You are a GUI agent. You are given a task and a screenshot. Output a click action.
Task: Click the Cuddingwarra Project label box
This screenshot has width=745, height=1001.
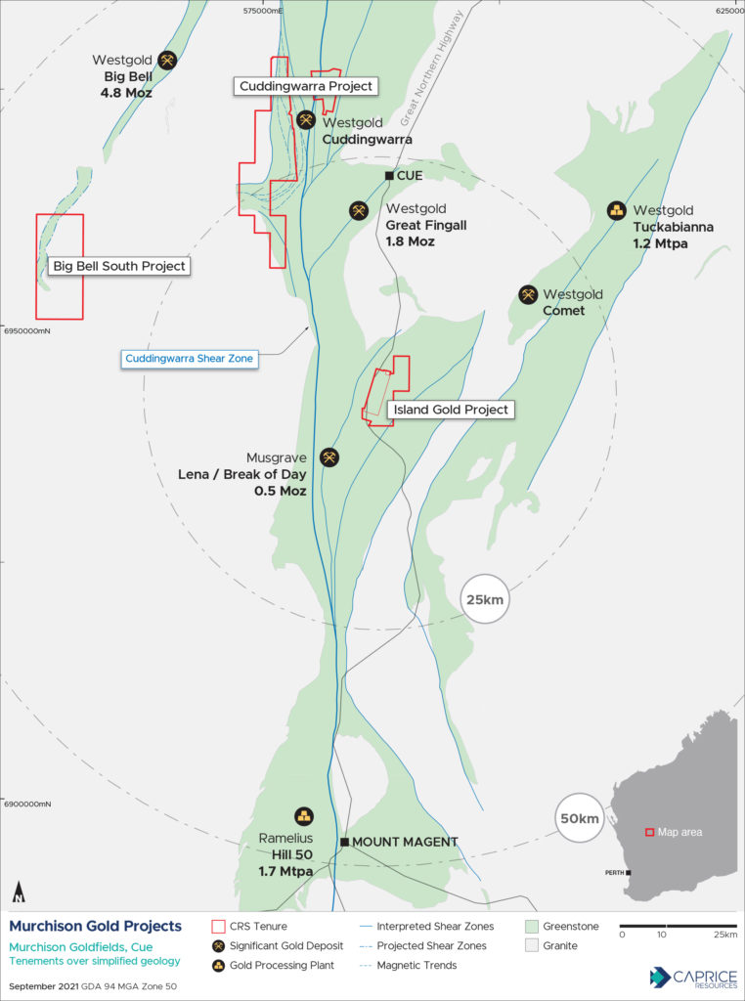click(x=305, y=86)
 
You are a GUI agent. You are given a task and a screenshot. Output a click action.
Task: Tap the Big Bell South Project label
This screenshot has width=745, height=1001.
click(x=118, y=266)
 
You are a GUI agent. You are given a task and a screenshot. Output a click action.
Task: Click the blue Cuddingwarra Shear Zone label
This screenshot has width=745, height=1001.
click(x=190, y=359)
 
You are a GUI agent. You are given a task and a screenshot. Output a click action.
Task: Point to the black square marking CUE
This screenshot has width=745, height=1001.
click(x=389, y=176)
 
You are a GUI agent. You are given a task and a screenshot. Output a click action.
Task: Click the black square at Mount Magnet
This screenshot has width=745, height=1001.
click(x=344, y=842)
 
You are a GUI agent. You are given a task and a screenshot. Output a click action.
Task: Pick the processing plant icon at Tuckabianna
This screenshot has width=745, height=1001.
click(x=617, y=210)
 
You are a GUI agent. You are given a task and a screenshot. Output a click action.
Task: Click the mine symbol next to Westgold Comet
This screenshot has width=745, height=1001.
click(x=528, y=294)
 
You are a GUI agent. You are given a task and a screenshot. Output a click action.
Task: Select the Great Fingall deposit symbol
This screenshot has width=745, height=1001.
click(x=360, y=210)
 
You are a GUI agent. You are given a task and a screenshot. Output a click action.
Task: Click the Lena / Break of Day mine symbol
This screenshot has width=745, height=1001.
click(x=329, y=457)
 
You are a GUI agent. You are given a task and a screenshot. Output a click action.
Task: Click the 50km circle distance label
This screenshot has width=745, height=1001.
click(x=579, y=817)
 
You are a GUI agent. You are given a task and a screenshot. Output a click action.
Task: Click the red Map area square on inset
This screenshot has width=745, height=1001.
click(x=648, y=832)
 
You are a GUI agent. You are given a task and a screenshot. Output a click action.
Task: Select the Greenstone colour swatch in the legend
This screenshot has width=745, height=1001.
click(x=532, y=926)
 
